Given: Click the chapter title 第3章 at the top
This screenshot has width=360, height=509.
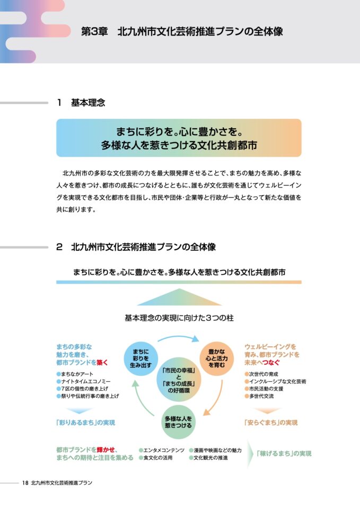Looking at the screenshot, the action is (x=94, y=31).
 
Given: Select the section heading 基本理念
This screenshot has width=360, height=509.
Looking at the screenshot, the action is (x=88, y=102).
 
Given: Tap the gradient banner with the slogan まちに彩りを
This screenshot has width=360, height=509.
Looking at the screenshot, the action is (x=179, y=138).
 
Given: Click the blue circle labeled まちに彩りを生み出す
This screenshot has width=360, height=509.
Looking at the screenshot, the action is (x=141, y=359).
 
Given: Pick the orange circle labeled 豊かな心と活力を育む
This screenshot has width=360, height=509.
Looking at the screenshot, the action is (x=216, y=359).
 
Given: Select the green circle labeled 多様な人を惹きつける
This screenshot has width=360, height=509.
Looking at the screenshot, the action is (x=178, y=422).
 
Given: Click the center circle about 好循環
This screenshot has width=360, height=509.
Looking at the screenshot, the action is (x=179, y=380).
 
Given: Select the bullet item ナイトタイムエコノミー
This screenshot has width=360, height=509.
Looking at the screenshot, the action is (x=84, y=381).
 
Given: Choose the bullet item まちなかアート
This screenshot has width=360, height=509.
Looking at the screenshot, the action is (x=75, y=374).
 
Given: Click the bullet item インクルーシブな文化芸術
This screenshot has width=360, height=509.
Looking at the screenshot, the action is (x=275, y=381).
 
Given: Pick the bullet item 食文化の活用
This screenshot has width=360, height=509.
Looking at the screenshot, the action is (x=156, y=458).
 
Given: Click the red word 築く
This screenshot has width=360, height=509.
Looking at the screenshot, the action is (x=102, y=363).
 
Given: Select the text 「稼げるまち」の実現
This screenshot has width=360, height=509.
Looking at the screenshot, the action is (x=284, y=453).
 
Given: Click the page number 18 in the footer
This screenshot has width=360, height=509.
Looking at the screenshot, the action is (x=25, y=482).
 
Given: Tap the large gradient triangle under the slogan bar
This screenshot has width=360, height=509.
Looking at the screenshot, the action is (x=179, y=299).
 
